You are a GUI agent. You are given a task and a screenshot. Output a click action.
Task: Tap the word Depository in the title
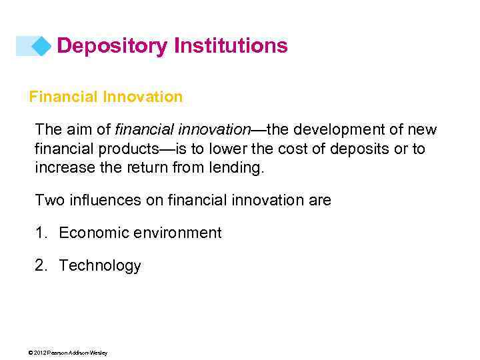[x=111, y=46]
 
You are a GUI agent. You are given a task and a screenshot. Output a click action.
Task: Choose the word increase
[x=62, y=167]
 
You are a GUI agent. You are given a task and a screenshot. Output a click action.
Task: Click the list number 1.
[x=41, y=233]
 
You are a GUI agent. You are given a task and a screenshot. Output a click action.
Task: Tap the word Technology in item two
[x=100, y=265]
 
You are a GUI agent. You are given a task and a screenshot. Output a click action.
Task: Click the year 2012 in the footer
[x=39, y=353]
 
